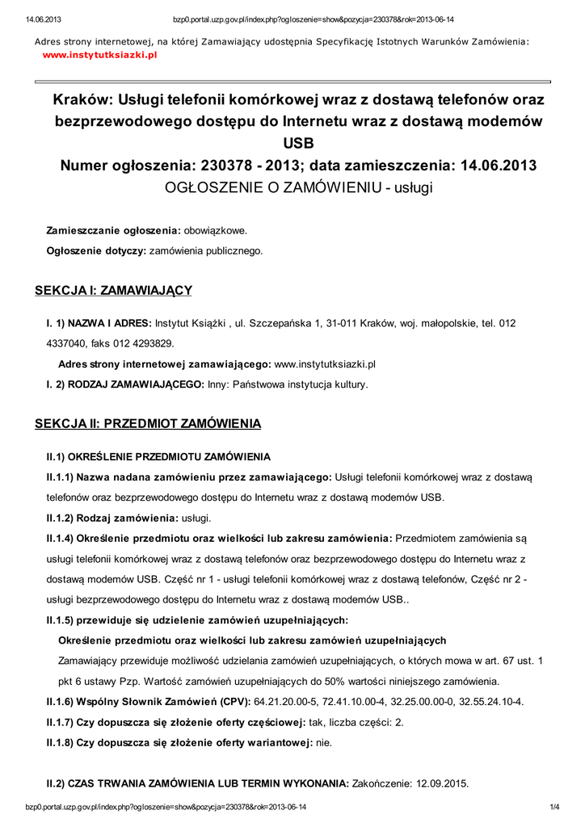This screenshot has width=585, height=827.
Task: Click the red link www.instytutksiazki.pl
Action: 99,55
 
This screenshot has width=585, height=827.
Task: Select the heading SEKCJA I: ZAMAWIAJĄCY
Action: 113,290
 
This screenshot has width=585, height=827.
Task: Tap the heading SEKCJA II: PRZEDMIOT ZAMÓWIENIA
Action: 148,423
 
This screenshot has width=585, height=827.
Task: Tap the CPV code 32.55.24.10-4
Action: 490,701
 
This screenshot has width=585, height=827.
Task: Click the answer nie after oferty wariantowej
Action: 323,742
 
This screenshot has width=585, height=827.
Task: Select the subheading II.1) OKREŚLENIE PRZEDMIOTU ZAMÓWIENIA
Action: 158,456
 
